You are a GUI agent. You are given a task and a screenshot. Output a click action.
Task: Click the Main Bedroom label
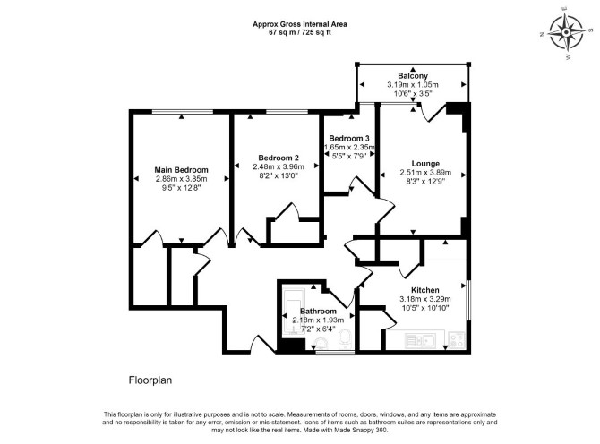pos(182,170)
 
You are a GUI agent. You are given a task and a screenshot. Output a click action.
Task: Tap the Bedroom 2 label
pos(279,158)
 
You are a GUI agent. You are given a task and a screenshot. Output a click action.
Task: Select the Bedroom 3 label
pos(349,138)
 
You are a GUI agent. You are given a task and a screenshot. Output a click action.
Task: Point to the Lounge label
pos(425,164)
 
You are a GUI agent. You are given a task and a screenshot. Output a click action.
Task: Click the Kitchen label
pos(425,290)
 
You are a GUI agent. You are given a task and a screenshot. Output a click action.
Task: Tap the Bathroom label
pos(318,312)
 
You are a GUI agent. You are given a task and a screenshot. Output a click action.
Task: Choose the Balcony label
pos(413,76)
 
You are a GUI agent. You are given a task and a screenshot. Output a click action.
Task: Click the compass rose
pos(566,32)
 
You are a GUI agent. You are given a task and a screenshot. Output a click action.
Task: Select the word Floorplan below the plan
pos(150,380)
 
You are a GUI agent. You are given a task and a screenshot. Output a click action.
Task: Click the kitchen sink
pos(421,340)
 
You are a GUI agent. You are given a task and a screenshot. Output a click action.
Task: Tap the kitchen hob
pos(457,339)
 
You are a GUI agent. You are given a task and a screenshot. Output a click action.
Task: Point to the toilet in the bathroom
pos(345,339)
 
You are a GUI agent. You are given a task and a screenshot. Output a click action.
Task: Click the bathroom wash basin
pos(320,344)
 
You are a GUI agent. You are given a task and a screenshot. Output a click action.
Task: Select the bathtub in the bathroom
pos(294,312)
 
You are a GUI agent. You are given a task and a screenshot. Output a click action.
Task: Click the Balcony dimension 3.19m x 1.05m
pos(413,84)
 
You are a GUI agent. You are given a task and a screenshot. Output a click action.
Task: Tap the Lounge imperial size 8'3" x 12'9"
pos(425,182)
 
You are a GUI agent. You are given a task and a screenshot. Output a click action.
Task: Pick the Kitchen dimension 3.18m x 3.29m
pos(425,299)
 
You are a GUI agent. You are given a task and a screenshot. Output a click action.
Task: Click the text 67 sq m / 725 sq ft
pos(300,32)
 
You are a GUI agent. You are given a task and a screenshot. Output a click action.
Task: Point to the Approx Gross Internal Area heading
pos(300,24)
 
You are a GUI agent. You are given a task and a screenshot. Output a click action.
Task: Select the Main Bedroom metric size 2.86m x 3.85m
pos(182,179)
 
